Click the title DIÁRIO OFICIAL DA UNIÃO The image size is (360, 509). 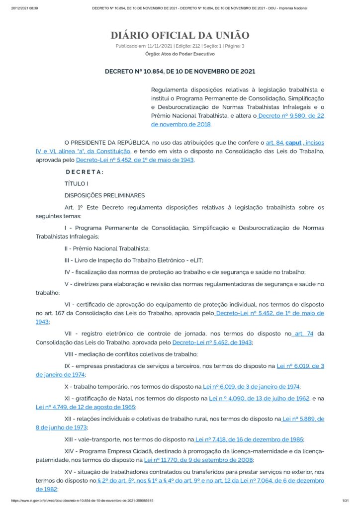point(180,35)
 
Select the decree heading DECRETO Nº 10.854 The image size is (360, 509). point(180,71)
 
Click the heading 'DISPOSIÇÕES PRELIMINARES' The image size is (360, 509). point(104,195)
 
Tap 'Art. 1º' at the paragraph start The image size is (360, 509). point(73,207)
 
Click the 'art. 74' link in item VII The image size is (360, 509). point(303,334)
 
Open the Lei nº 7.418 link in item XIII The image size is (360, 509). point(249,439)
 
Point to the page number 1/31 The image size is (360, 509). point(345,501)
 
